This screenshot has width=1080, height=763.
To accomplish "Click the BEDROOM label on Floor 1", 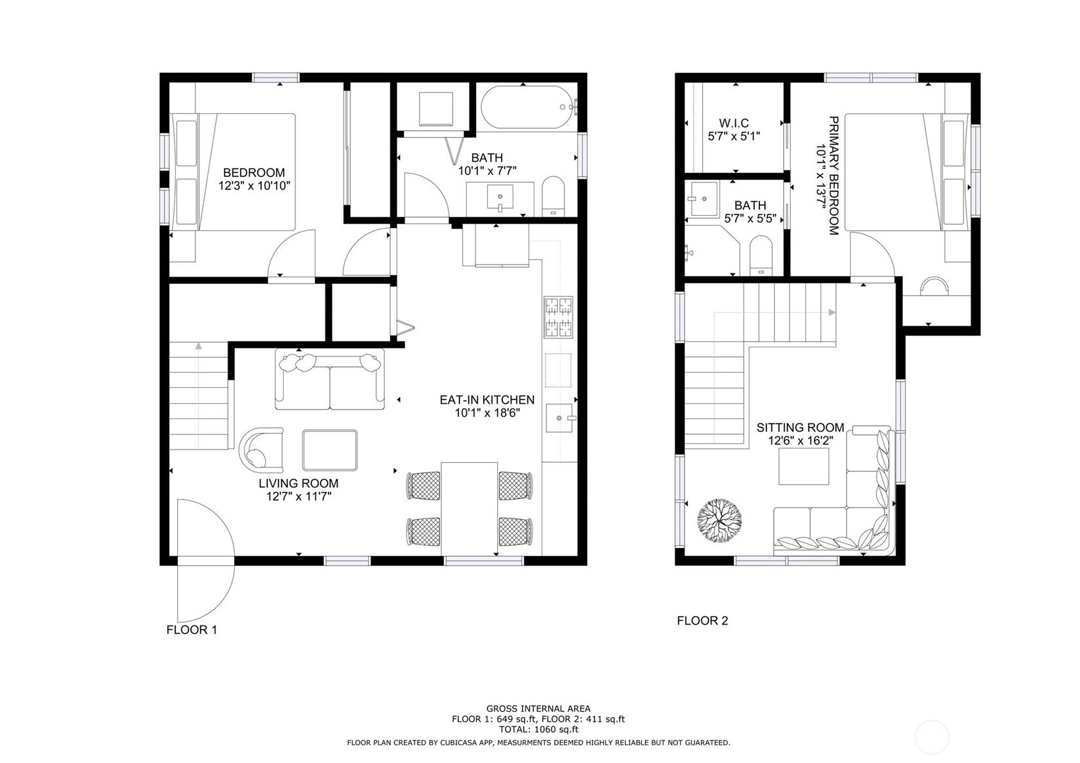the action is (254, 172).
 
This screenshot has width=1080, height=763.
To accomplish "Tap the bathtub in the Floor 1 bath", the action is (529, 108).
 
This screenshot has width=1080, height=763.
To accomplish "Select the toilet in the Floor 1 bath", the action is (553, 196).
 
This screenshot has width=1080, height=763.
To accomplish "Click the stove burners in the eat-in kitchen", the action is (558, 317).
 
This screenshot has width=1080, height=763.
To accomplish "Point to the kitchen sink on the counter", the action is (561, 418).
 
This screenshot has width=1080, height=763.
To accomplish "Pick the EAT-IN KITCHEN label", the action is (487, 400).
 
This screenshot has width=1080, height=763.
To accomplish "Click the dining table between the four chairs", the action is (469, 509).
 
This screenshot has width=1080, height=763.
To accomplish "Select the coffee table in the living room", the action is (330, 450).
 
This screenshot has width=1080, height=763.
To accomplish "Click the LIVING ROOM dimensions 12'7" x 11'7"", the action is (299, 496).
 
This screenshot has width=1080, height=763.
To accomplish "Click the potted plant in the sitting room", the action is (719, 520).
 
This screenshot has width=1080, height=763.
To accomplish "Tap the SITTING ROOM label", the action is (801, 427).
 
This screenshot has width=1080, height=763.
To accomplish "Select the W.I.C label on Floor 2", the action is (734, 123).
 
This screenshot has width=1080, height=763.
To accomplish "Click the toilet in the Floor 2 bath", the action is (761, 255).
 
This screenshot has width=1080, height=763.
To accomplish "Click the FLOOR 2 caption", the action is (702, 620).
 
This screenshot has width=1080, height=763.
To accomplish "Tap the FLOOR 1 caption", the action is (192, 629).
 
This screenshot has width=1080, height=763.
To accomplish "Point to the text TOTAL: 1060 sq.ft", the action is (538, 730).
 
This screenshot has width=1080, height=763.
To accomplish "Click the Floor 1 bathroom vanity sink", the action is (500, 197).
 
